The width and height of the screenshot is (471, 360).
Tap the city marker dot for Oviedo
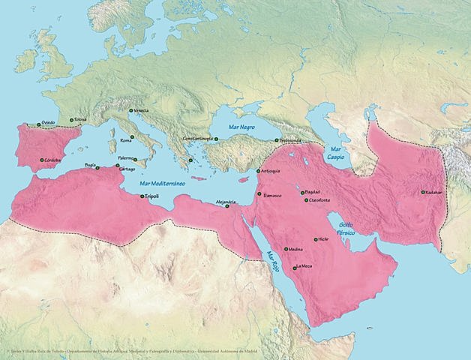pos(38,124)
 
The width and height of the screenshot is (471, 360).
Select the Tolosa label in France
pos(81,118)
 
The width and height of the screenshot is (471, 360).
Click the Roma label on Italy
pos(125,140)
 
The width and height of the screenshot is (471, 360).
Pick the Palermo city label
pos(126,158)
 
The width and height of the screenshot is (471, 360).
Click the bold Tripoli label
pos(154,196)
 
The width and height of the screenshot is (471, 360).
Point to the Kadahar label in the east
pos(436,192)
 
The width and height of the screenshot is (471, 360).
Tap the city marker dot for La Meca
pos(294,267)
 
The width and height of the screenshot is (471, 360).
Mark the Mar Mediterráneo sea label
pos(165,183)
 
